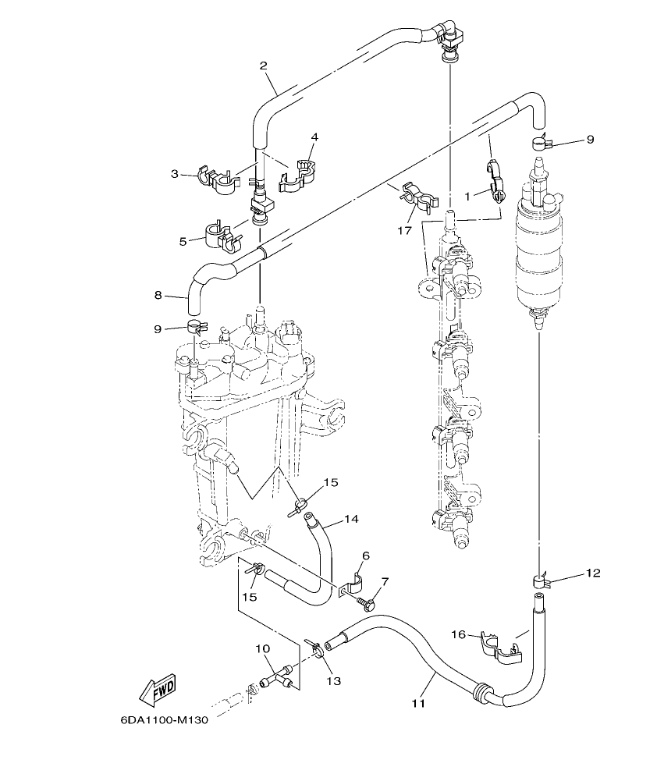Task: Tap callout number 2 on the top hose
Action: point(264,66)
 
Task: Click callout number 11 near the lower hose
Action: point(417,703)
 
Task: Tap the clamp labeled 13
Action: point(316,648)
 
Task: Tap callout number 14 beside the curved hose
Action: point(351,518)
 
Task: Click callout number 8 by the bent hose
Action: point(158,295)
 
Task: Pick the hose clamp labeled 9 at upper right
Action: point(539,142)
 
